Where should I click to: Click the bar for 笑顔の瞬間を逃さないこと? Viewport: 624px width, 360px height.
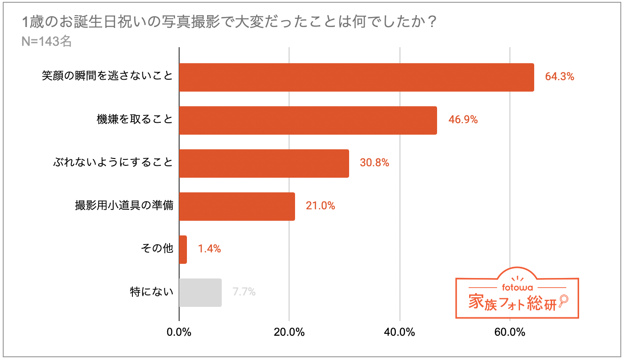(x=356, y=77)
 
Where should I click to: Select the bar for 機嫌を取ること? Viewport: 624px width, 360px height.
(x=308, y=120)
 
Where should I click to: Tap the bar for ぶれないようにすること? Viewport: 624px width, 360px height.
(x=264, y=164)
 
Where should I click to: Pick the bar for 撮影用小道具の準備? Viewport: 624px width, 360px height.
(x=237, y=207)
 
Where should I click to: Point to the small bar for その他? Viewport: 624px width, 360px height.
(x=183, y=250)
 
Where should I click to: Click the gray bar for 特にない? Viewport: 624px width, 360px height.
(x=200, y=293)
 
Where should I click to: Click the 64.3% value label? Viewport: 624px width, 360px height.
(x=559, y=76)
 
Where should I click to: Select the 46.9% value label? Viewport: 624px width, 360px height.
(x=463, y=120)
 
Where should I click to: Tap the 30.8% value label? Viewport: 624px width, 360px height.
(x=374, y=163)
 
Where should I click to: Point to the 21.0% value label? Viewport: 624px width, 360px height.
(x=320, y=206)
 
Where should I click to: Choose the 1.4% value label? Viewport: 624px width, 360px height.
(x=209, y=249)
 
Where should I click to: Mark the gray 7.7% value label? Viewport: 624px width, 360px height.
(x=244, y=292)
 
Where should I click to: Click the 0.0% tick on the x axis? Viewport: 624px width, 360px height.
(x=179, y=333)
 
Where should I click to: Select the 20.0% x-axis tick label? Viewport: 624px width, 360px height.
(x=289, y=333)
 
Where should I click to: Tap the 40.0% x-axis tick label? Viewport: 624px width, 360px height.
(x=400, y=333)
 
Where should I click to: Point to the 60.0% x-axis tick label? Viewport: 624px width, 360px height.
(x=510, y=333)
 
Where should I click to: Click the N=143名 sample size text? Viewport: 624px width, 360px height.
(x=47, y=41)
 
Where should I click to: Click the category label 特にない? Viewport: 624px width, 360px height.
(x=152, y=292)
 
